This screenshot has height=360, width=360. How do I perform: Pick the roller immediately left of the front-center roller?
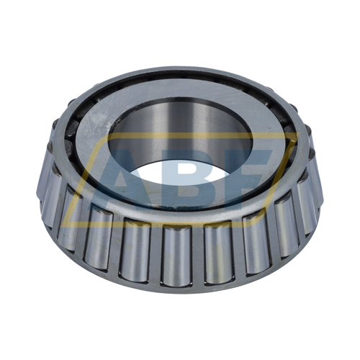pyautogui.click(x=136, y=248)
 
